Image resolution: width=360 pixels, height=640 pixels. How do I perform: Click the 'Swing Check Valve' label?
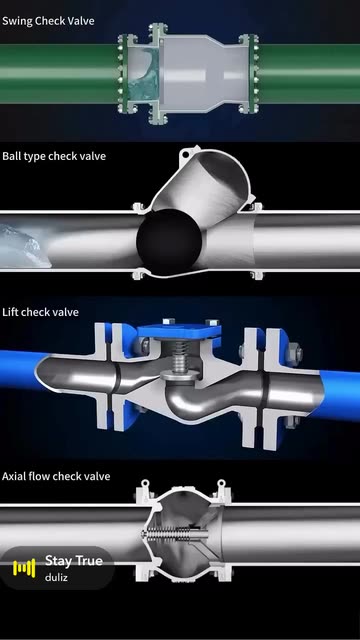(x=48, y=21)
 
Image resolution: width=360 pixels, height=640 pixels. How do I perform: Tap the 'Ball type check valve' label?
(x=54, y=156)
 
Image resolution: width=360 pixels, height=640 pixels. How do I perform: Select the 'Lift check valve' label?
(x=40, y=312)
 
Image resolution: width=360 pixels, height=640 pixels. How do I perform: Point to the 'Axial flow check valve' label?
(x=56, y=476)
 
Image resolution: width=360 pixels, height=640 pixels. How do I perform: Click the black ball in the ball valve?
(x=169, y=242)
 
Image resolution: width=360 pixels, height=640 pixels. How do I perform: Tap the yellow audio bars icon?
(x=24, y=568)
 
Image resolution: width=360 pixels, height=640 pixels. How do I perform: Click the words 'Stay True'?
(x=74, y=561)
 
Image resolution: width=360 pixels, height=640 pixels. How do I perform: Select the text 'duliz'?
(x=56, y=577)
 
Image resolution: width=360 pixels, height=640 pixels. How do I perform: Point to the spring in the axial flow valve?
(x=169, y=533)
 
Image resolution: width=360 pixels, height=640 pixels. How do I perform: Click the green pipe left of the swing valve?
(x=59, y=73)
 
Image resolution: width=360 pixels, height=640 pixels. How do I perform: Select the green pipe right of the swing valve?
(x=309, y=73)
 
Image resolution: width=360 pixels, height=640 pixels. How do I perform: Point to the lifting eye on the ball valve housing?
(x=186, y=154)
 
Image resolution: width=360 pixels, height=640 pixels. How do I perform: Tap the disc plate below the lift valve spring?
(x=180, y=376)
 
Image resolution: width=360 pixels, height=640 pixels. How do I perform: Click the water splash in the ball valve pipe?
(x=21, y=246)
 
